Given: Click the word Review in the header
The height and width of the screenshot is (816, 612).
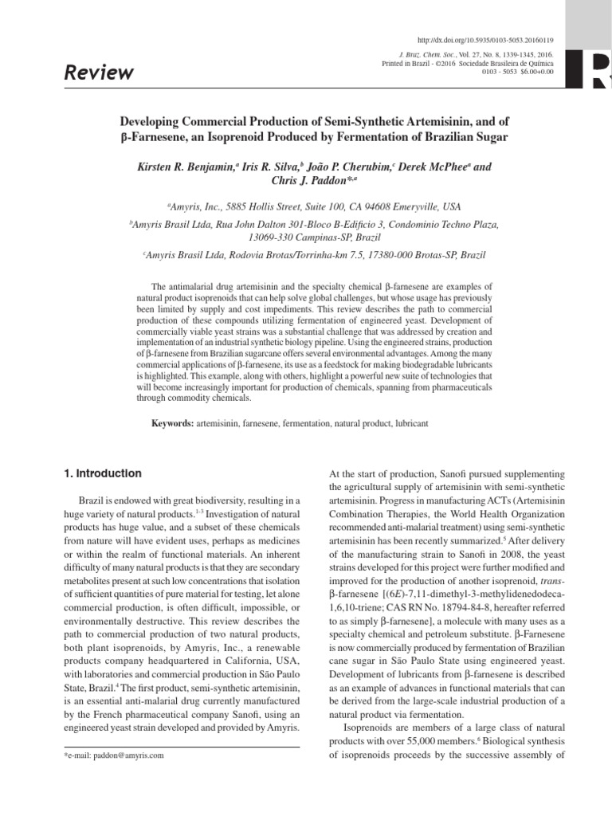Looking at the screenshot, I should tap(100, 73).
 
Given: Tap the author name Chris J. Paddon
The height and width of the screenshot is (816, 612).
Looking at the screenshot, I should tap(309, 182).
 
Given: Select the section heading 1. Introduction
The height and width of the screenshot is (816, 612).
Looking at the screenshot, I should tap(103, 473).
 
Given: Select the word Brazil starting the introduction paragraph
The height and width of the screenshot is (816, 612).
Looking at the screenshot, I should tap(92, 500).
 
